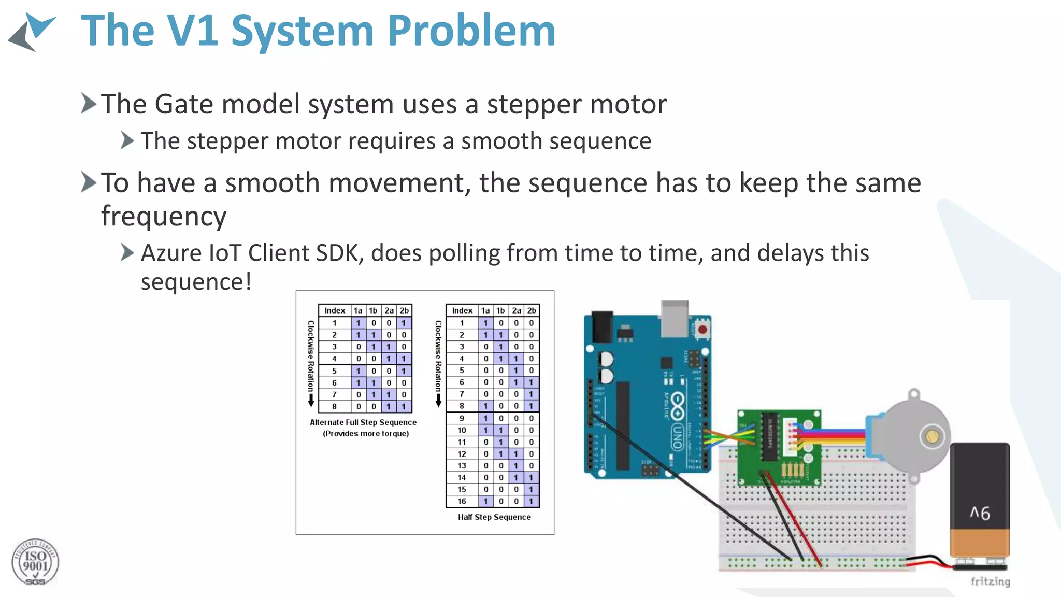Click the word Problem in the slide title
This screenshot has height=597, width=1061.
pyautogui.click(x=471, y=31)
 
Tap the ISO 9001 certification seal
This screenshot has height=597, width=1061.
pyautogui.click(x=35, y=562)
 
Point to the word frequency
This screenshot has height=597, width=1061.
pyautogui.click(x=164, y=217)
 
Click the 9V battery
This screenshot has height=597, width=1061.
pyautogui.click(x=979, y=503)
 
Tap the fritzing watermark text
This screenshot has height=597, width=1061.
pyautogui.click(x=990, y=581)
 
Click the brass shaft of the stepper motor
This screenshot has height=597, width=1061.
pyautogui.click(x=932, y=436)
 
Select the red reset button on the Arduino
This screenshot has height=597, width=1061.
pyautogui.click(x=702, y=329)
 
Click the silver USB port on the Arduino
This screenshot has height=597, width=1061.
pyautogui.click(x=675, y=317)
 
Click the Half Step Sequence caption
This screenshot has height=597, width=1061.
pyautogui.click(x=494, y=517)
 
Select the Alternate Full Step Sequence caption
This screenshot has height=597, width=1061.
pyautogui.click(x=363, y=422)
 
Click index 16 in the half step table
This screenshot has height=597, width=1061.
pyautogui.click(x=462, y=501)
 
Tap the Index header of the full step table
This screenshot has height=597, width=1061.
pyautogui.click(x=335, y=310)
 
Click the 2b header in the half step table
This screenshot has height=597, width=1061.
pyautogui.click(x=532, y=310)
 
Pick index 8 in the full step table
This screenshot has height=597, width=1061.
pyautogui.click(x=334, y=406)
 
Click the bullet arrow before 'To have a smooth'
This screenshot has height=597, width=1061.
pyautogui.click(x=89, y=182)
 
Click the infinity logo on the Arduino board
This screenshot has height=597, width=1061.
pyautogui.click(x=677, y=406)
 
